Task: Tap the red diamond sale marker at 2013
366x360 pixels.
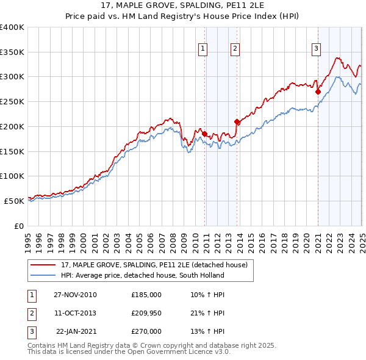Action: point(237,122)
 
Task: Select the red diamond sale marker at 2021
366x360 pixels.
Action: point(318,92)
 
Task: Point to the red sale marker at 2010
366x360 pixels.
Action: point(205,134)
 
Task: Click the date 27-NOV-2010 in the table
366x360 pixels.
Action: point(75,295)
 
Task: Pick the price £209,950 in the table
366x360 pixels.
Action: point(146,313)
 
